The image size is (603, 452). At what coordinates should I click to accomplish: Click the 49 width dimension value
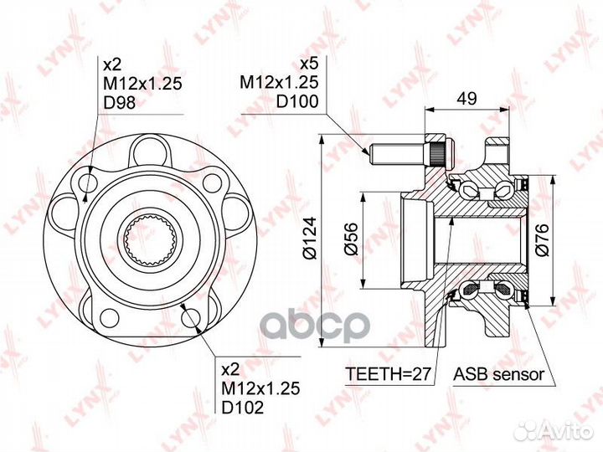pyautogui.click(x=466, y=98)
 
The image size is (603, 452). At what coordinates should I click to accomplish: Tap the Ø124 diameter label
pyautogui.click(x=310, y=239)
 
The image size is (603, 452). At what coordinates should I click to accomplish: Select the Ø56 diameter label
pyautogui.click(x=351, y=239)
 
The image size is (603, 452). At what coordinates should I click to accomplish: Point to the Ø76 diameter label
pyautogui.click(x=542, y=240)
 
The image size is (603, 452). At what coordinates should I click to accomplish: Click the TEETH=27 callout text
pyautogui.click(x=388, y=373)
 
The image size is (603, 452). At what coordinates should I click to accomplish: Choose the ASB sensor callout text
pyautogui.click(x=499, y=373)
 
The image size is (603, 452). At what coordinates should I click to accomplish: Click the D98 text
pyautogui.click(x=120, y=103)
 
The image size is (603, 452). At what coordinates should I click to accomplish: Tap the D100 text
pyautogui.click(x=298, y=101)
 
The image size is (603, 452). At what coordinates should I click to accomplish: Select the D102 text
pyautogui.click(x=243, y=407)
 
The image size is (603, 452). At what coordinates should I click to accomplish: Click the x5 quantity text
pyautogui.click(x=309, y=64)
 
